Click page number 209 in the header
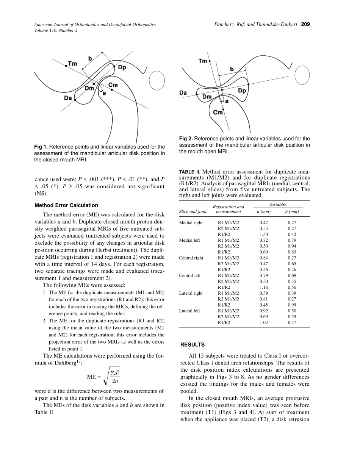coord(306,25)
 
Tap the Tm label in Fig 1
coord(72,64)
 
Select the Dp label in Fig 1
coord(122,67)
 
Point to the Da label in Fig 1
coord(68,97)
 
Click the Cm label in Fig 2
coord(218,113)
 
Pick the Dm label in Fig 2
coord(207,97)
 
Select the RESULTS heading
coord(193,345)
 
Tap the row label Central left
coord(190,275)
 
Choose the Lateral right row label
coord(191,293)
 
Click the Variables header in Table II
coord(278,204)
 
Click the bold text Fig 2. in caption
coord(186,139)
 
